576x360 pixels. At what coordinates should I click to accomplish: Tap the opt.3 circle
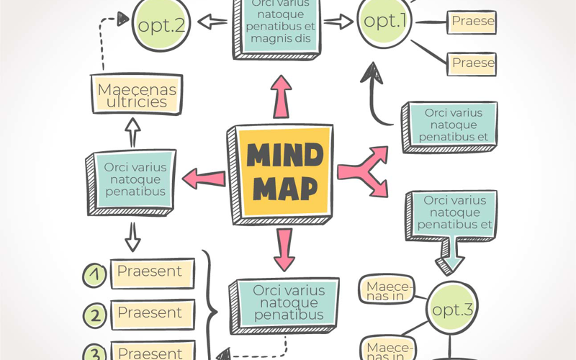[451, 310]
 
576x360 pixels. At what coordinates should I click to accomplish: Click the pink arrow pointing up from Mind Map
[282, 96]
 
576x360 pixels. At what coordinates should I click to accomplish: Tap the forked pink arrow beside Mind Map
[363, 170]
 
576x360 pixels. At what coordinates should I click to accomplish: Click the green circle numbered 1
[95, 274]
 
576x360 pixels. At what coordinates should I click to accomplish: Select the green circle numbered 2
[95, 315]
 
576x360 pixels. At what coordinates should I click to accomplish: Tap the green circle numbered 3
[95, 353]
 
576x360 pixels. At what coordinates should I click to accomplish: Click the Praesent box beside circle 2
[151, 314]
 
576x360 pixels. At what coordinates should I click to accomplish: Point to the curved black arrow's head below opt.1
[372, 71]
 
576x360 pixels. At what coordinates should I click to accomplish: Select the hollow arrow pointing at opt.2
[213, 22]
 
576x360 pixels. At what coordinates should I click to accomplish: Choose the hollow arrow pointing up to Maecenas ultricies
[132, 132]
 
